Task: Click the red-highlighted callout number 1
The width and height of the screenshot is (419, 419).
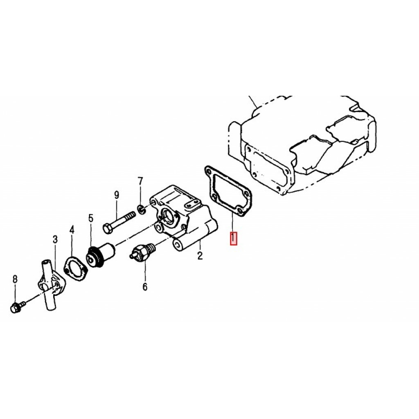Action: [x=234, y=239]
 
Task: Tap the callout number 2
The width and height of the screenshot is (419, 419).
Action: [x=200, y=256]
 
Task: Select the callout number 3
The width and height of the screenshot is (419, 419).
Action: [x=55, y=239]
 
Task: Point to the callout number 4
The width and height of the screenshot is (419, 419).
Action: [x=72, y=230]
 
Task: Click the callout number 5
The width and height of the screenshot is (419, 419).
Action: [x=91, y=219]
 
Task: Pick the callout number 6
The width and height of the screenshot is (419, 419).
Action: [x=145, y=287]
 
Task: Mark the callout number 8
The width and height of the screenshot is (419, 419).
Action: [x=15, y=279]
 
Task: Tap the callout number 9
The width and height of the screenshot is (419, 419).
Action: [x=117, y=195]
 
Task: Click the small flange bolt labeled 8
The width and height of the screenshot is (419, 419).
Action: [x=18, y=307]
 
